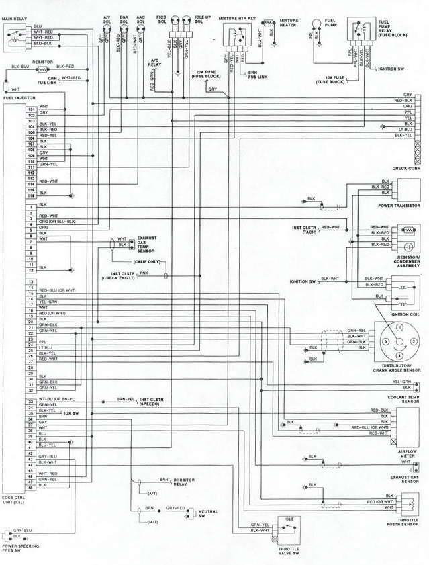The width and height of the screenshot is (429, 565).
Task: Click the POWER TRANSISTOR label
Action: [x=399, y=206]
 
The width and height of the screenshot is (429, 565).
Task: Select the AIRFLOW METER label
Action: [x=407, y=454]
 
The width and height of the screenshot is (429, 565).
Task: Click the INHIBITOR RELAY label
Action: [x=184, y=481]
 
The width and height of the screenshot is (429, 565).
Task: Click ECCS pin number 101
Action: [x=30, y=107]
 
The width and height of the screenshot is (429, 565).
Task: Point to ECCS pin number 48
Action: [x=30, y=486]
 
